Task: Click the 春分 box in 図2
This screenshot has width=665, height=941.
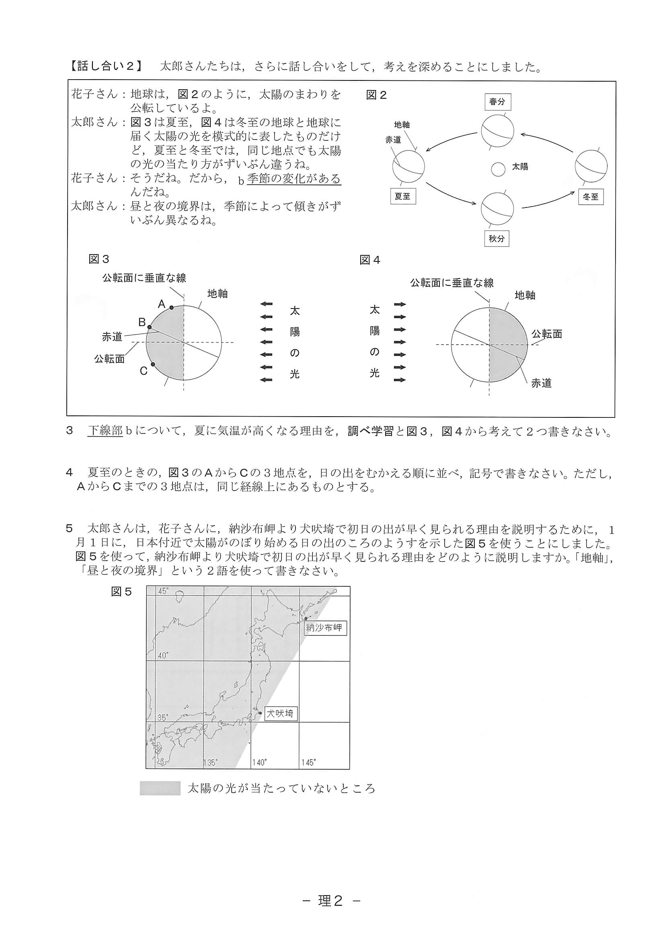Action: point(497,102)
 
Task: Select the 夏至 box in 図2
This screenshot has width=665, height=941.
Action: point(402,196)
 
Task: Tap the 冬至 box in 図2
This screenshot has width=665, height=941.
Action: point(591,196)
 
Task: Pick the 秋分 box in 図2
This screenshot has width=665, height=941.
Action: point(496,238)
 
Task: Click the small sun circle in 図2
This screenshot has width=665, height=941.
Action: point(498,169)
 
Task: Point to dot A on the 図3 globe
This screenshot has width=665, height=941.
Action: point(171,307)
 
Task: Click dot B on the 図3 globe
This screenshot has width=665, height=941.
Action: point(150,327)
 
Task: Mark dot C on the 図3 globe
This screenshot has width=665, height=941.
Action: point(153,364)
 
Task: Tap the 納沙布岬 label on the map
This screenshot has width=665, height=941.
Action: point(325,627)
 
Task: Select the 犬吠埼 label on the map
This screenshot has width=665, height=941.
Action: point(280,713)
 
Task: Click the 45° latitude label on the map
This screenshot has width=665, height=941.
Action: point(164,591)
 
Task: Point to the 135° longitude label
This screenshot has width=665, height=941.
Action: point(210,762)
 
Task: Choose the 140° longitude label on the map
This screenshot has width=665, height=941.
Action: point(259,762)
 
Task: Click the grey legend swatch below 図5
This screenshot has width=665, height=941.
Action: point(160,788)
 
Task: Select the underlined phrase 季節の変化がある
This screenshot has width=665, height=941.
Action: point(294,179)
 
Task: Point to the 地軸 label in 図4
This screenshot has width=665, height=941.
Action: point(525,295)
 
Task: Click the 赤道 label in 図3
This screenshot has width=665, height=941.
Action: point(112,337)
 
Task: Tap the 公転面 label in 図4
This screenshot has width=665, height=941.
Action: point(546,334)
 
